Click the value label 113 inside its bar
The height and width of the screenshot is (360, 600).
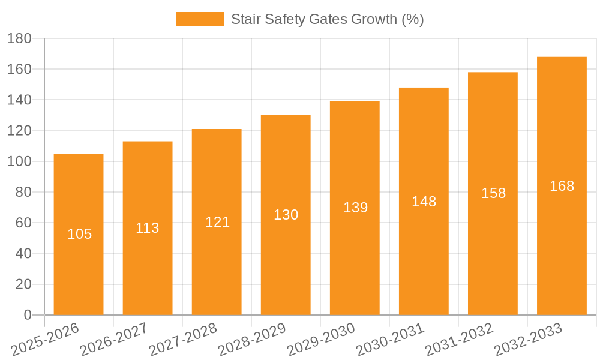tap(148, 228)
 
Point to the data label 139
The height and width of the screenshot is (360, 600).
tap(355, 208)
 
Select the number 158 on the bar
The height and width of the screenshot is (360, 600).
tap(493, 193)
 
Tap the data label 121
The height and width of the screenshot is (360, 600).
tap(217, 222)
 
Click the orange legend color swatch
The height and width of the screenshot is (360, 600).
tap(199, 19)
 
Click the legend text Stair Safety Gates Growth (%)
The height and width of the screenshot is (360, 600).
tap(327, 19)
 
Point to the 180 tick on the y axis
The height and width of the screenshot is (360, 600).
tap(19, 39)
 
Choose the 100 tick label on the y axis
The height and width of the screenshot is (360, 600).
tap(19, 161)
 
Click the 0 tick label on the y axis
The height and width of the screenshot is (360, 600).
tap(27, 315)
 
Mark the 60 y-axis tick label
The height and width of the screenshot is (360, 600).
tap(23, 223)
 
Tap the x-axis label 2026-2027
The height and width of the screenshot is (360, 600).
tap(114, 339)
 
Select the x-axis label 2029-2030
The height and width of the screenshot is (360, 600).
tap(322, 339)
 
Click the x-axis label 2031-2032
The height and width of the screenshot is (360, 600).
tap(460, 339)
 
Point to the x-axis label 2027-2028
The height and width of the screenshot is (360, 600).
tap(183, 339)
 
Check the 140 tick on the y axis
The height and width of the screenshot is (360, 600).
tap(19, 100)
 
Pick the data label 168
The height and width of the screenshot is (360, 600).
tap(562, 186)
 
